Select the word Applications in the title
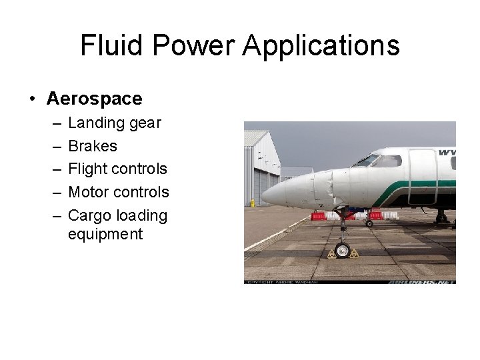pyautogui.click(x=321, y=46)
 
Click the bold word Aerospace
pyautogui.click(x=94, y=99)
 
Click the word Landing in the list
pyautogui.click(x=90, y=123)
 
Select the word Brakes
pyautogui.click(x=93, y=146)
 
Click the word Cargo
pyautogui.click(x=89, y=215)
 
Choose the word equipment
pyautogui.click(x=105, y=234)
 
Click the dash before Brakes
pyautogui.click(x=53, y=146)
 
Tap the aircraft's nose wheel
pyautogui.click(x=342, y=251)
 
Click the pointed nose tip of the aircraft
pyautogui.click(x=264, y=195)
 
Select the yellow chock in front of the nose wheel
pyautogui.click(x=331, y=253)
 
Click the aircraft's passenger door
pyautogui.click(x=422, y=176)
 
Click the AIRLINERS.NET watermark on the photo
pyautogui.click(x=421, y=281)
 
